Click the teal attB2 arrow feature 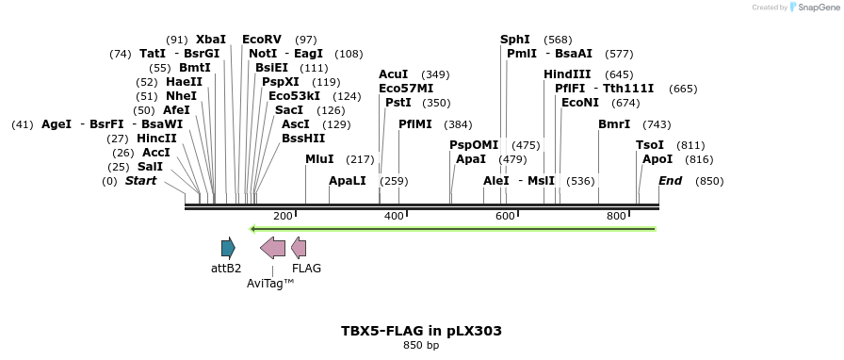228,248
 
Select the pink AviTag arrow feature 272,248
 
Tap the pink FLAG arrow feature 299,248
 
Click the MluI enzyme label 319,159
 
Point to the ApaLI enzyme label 347,181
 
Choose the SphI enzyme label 515,40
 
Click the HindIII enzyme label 567,74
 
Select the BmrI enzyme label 613,124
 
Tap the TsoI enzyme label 650,145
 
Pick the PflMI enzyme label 415,124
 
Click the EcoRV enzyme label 262,40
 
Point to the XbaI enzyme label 211,40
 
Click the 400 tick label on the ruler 394,217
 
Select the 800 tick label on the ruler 616,217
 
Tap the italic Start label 140,181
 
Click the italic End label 670,181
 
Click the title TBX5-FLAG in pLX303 421,331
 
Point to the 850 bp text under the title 421,346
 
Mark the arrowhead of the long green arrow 252,229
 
